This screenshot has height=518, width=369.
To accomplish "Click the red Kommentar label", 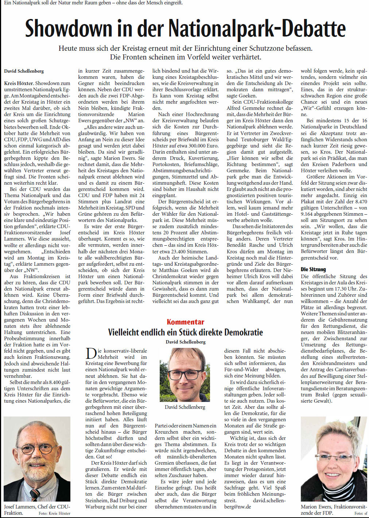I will (185, 322).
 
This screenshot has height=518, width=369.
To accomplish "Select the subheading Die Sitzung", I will (313, 269).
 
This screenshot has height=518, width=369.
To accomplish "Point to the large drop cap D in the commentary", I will (91, 354).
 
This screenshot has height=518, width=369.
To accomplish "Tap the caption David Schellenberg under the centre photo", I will (185, 407).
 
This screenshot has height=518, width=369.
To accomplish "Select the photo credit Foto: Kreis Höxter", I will (54, 513).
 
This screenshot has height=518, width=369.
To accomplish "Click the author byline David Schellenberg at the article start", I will (24, 71).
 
